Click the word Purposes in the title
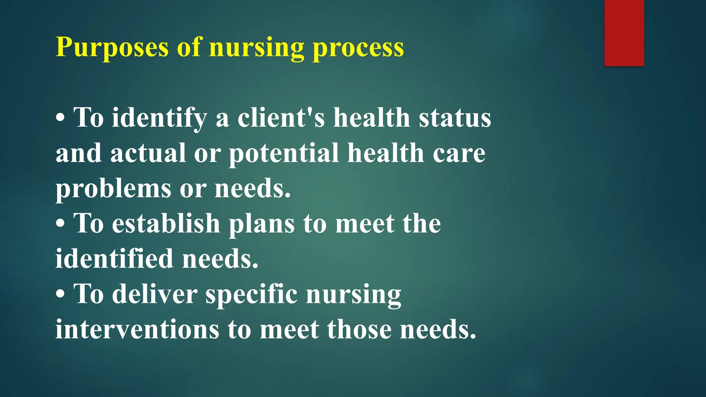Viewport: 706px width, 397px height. [112, 47]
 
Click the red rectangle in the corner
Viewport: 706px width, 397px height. [624, 33]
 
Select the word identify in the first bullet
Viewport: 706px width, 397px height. [159, 118]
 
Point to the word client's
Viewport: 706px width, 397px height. [281, 118]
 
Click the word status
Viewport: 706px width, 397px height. [455, 118]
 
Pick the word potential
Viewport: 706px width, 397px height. [284, 153]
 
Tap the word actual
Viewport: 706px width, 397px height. [148, 153]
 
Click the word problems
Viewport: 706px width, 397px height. [113, 189]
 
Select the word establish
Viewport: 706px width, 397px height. [166, 224]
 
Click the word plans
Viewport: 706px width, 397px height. [262, 224]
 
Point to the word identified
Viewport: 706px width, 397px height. [114, 259]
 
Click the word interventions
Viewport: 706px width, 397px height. [137, 329]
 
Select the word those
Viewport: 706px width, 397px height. [359, 329]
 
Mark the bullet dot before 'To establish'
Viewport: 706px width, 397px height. [60, 224]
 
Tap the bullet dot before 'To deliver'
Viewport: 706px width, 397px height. [60, 295]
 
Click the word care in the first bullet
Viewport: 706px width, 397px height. [459, 153]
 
